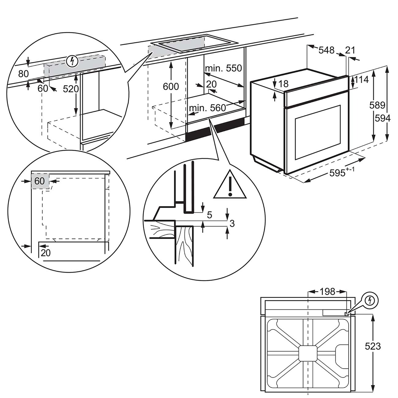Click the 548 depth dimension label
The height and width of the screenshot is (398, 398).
[x=326, y=50]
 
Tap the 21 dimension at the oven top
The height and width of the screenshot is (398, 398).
[x=350, y=50]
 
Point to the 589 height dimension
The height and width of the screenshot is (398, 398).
[x=377, y=105]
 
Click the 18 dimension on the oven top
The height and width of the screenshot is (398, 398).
[x=283, y=84]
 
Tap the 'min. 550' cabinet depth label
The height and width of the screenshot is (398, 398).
[x=223, y=68]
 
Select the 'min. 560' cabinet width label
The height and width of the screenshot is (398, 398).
[x=207, y=108]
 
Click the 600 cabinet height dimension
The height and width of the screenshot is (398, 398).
[x=171, y=86]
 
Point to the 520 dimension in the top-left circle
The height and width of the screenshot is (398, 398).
[x=71, y=89]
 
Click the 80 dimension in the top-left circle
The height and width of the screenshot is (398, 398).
[x=23, y=74]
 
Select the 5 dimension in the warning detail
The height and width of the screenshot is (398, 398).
[x=210, y=215]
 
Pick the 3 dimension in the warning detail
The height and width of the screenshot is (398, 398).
[x=232, y=224]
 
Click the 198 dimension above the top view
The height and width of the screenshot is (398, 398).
[x=327, y=292]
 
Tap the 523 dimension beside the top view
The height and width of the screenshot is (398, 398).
[x=373, y=346]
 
